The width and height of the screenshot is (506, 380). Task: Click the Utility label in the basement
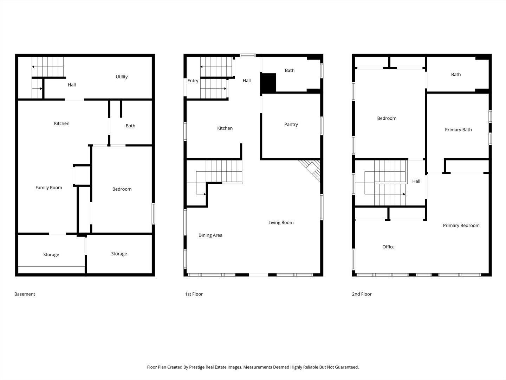pos(122,77)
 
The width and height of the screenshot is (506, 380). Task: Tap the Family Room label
pos(48,188)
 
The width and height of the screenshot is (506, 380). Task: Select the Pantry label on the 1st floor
pos(291,125)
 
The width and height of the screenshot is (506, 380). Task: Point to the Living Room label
pos(281,223)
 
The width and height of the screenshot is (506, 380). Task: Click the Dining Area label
pos(210,235)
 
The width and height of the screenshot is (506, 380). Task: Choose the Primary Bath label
pos(458,130)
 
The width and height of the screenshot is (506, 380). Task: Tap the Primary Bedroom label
pos(461,226)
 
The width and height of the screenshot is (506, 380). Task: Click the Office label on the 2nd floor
pos(388,247)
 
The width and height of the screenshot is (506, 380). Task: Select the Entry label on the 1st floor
pos(193,81)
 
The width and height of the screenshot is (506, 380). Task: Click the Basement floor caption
pos(25,294)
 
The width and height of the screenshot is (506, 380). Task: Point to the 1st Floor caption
pos(194,294)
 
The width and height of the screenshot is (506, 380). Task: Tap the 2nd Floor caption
pos(362,294)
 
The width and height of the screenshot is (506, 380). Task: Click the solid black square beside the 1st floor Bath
pos(268,82)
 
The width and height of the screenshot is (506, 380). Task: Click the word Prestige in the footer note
pos(197,367)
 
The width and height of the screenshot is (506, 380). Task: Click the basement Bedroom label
pos(122,189)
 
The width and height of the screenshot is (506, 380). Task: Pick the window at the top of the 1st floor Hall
pos(248,55)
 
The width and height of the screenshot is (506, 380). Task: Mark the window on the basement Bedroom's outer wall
pos(153,214)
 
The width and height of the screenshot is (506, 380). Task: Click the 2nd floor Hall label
pos(416,181)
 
